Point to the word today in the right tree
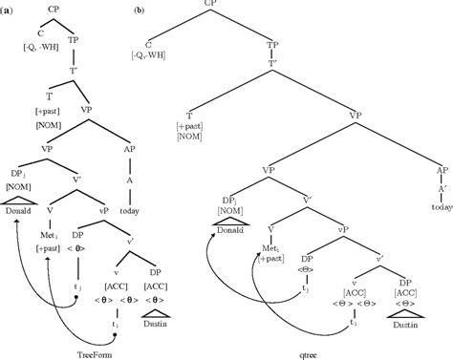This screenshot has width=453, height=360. (439, 191)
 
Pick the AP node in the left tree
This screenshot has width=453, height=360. (130, 151)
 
